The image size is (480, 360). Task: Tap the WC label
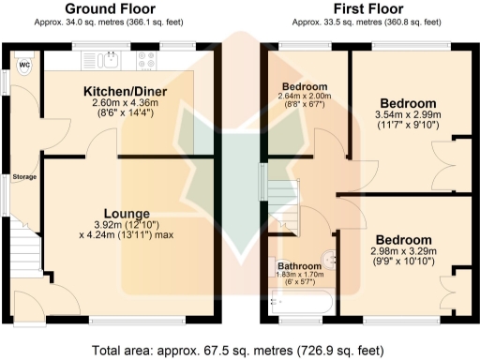click(x=25, y=65)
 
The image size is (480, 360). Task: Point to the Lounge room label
click(x=127, y=213)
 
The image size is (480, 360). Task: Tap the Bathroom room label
click(x=300, y=266)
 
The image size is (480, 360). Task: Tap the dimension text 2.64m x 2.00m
click(x=305, y=97)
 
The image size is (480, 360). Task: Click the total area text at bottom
click(x=239, y=350)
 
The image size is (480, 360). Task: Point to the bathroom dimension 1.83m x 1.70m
click(x=300, y=277)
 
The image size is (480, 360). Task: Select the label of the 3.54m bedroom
click(x=408, y=102)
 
